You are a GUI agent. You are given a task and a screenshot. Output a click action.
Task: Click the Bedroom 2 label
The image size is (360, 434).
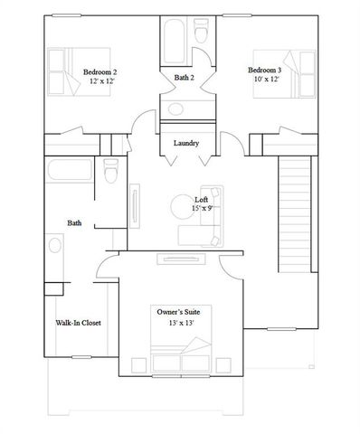click(x=100, y=71)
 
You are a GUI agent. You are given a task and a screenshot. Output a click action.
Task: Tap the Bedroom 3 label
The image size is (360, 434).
click(x=265, y=70)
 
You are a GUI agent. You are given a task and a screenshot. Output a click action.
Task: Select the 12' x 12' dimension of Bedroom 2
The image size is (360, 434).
click(x=100, y=81)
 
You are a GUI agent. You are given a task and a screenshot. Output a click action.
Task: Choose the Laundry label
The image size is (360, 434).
click(x=187, y=142)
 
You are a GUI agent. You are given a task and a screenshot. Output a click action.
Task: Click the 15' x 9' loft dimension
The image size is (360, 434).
click(x=203, y=209)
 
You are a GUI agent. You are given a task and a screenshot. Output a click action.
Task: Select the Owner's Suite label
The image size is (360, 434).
click(x=185, y=311)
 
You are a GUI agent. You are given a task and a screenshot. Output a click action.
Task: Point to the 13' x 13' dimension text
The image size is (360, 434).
click(x=183, y=323)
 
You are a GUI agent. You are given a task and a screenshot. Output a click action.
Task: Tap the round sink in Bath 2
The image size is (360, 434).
click(x=175, y=109)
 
